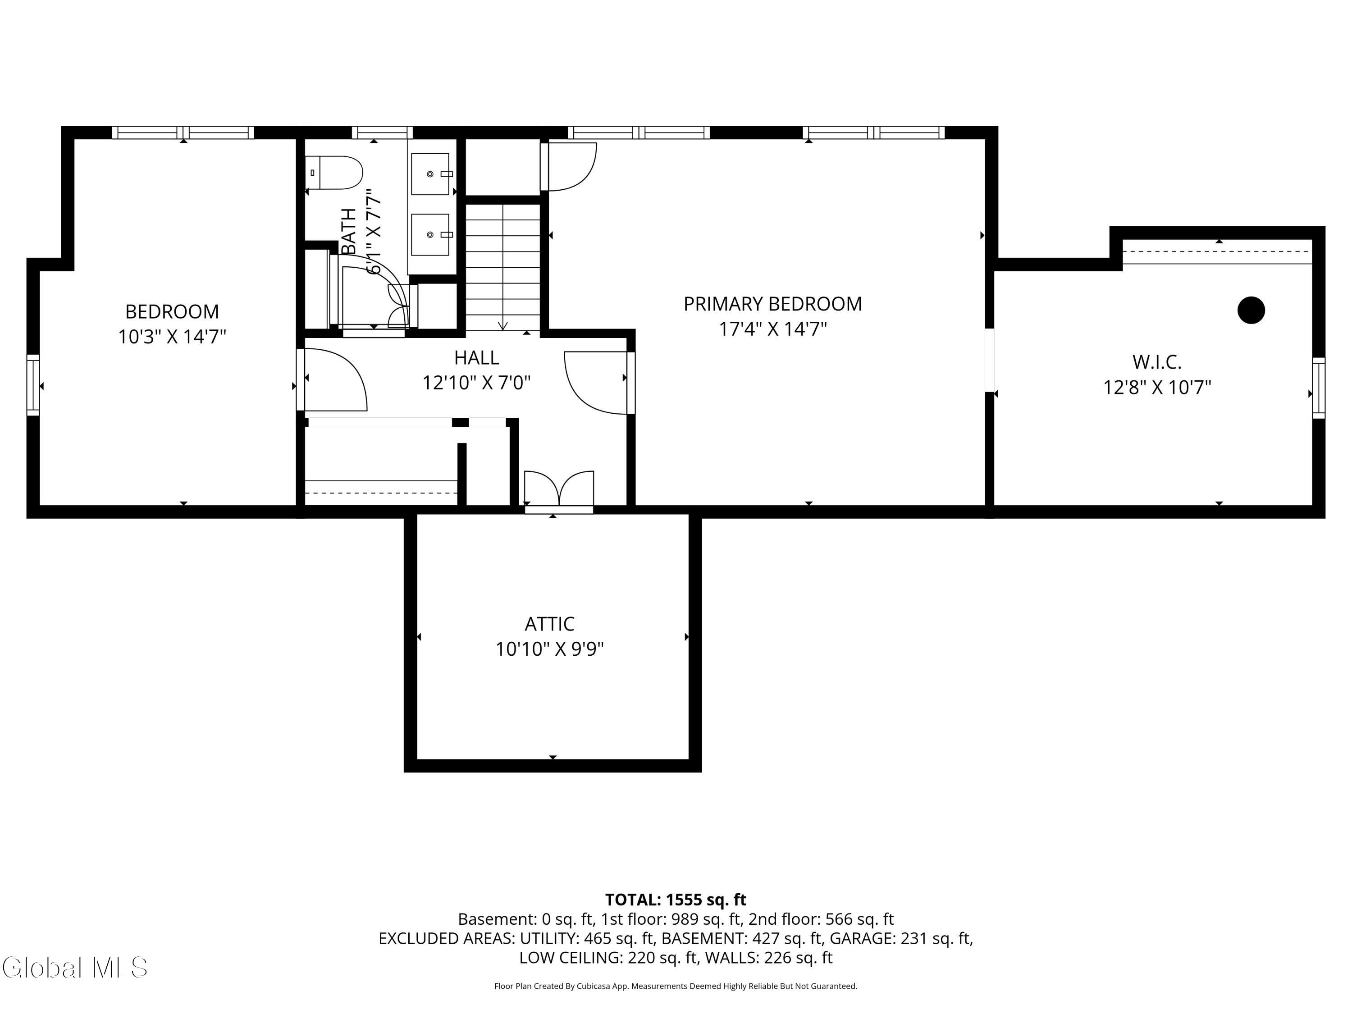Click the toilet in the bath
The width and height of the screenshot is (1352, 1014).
(334, 172)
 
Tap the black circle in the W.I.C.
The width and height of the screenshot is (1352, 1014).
(1251, 310)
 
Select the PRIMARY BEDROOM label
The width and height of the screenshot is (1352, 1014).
(772, 304)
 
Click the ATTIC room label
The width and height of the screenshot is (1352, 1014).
(549, 624)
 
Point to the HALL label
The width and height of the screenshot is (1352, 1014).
(476, 357)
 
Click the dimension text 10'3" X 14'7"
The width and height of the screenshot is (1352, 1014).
(172, 337)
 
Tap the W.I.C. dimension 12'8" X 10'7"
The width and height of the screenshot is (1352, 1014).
(1157, 388)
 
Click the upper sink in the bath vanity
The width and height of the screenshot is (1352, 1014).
(430, 174)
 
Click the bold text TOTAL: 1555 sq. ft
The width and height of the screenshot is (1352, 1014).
(676, 900)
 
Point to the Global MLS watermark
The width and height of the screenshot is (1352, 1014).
(74, 968)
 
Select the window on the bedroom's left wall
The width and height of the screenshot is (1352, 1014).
(33, 385)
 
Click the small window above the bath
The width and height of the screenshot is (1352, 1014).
(382, 132)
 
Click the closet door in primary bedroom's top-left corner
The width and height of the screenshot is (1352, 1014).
(568, 166)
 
